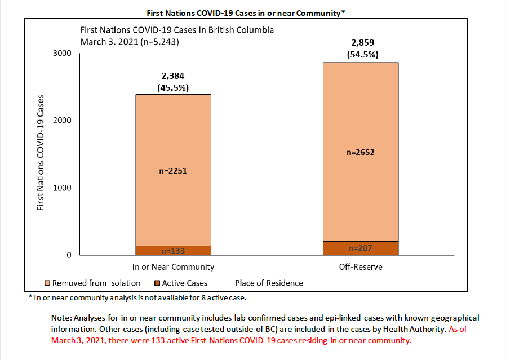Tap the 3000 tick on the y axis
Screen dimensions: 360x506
pos(62,53)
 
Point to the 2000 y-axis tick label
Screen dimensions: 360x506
pos(62,120)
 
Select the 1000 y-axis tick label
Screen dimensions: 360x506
pos(62,188)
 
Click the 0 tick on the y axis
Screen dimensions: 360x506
pos(69,255)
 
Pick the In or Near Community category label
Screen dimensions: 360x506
pos(172,266)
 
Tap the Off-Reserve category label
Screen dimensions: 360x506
pos(361,266)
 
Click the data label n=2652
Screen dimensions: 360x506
pos(361,152)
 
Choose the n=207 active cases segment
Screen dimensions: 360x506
pos(361,248)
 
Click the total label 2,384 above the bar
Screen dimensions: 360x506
pos(172,76)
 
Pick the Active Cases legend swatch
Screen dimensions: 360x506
pos(158,283)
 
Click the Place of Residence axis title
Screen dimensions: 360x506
pos(269,283)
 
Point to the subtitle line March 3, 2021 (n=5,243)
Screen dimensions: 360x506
pos(131,41)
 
